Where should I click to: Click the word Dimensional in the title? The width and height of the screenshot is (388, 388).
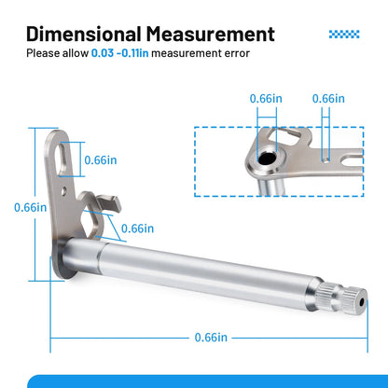pos(83,34)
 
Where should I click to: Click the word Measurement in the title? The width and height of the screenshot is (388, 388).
pos(211,34)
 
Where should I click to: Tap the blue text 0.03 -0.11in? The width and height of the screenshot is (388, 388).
pos(119,53)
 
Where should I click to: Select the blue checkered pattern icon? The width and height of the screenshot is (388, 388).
pos(344,35)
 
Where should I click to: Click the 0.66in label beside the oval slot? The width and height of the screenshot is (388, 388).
pos(101,160)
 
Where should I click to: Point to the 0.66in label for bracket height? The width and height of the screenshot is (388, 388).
pos(31,207)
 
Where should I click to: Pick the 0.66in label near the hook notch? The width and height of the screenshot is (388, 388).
pos(137,229)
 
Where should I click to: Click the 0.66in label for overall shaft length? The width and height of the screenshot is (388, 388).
pos(211,338)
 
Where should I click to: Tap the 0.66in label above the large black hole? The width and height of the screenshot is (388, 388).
pos(266,99)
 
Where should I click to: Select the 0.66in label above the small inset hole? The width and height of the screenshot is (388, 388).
pos(328,99)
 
